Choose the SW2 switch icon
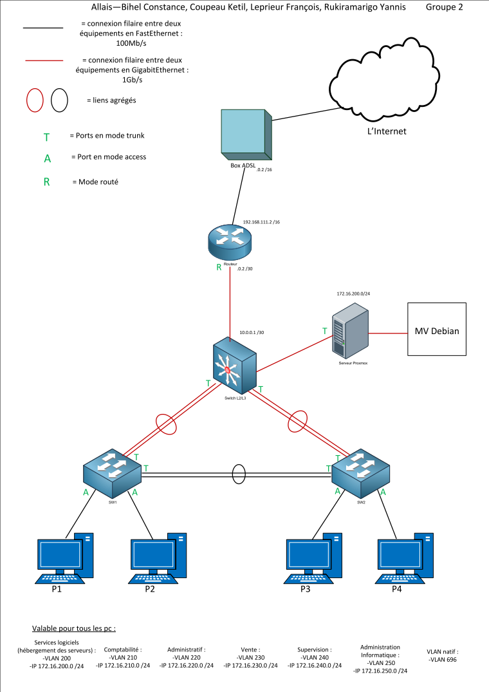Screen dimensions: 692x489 point(360,474)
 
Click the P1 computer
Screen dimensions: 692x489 point(64,557)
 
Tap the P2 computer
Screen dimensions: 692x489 point(158,557)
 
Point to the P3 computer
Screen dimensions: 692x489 point(313,557)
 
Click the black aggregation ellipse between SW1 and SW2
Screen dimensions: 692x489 point(239,474)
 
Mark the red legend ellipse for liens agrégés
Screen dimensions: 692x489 point(35,100)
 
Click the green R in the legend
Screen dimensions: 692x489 point(46,182)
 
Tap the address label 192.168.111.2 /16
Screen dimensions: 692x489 point(261,222)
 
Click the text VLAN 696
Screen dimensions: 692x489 point(443,659)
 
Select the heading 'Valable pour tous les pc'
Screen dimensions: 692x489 point(74,628)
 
